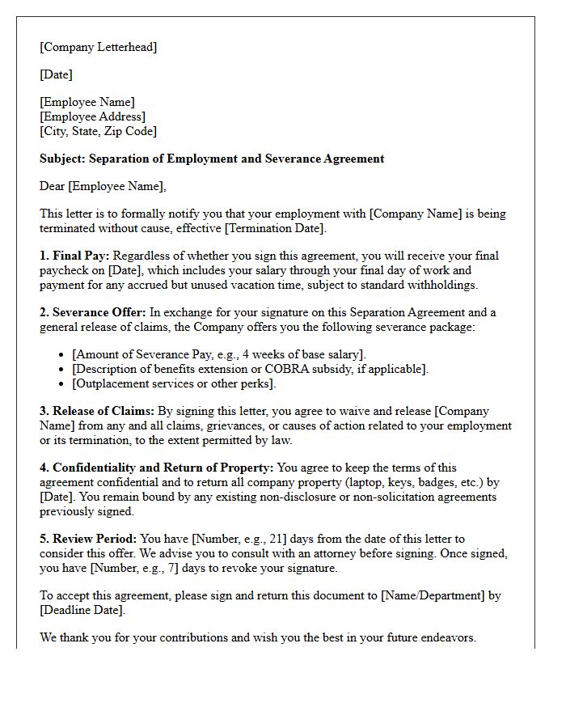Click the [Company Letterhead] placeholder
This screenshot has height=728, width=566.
(x=98, y=47)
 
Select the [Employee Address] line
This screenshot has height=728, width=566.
(x=92, y=116)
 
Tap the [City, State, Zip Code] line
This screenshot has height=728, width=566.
(x=98, y=131)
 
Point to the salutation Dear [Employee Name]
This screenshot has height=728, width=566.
(x=103, y=186)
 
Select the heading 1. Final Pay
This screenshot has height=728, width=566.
(x=74, y=256)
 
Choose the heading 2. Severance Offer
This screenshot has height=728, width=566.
(x=92, y=312)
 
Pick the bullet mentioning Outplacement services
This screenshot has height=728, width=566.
(x=174, y=383)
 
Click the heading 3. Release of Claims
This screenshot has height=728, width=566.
(x=96, y=411)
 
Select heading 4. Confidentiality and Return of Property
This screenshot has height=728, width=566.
(x=157, y=468)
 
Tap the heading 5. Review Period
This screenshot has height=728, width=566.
(x=89, y=539)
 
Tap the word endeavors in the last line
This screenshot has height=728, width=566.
(x=448, y=637)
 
